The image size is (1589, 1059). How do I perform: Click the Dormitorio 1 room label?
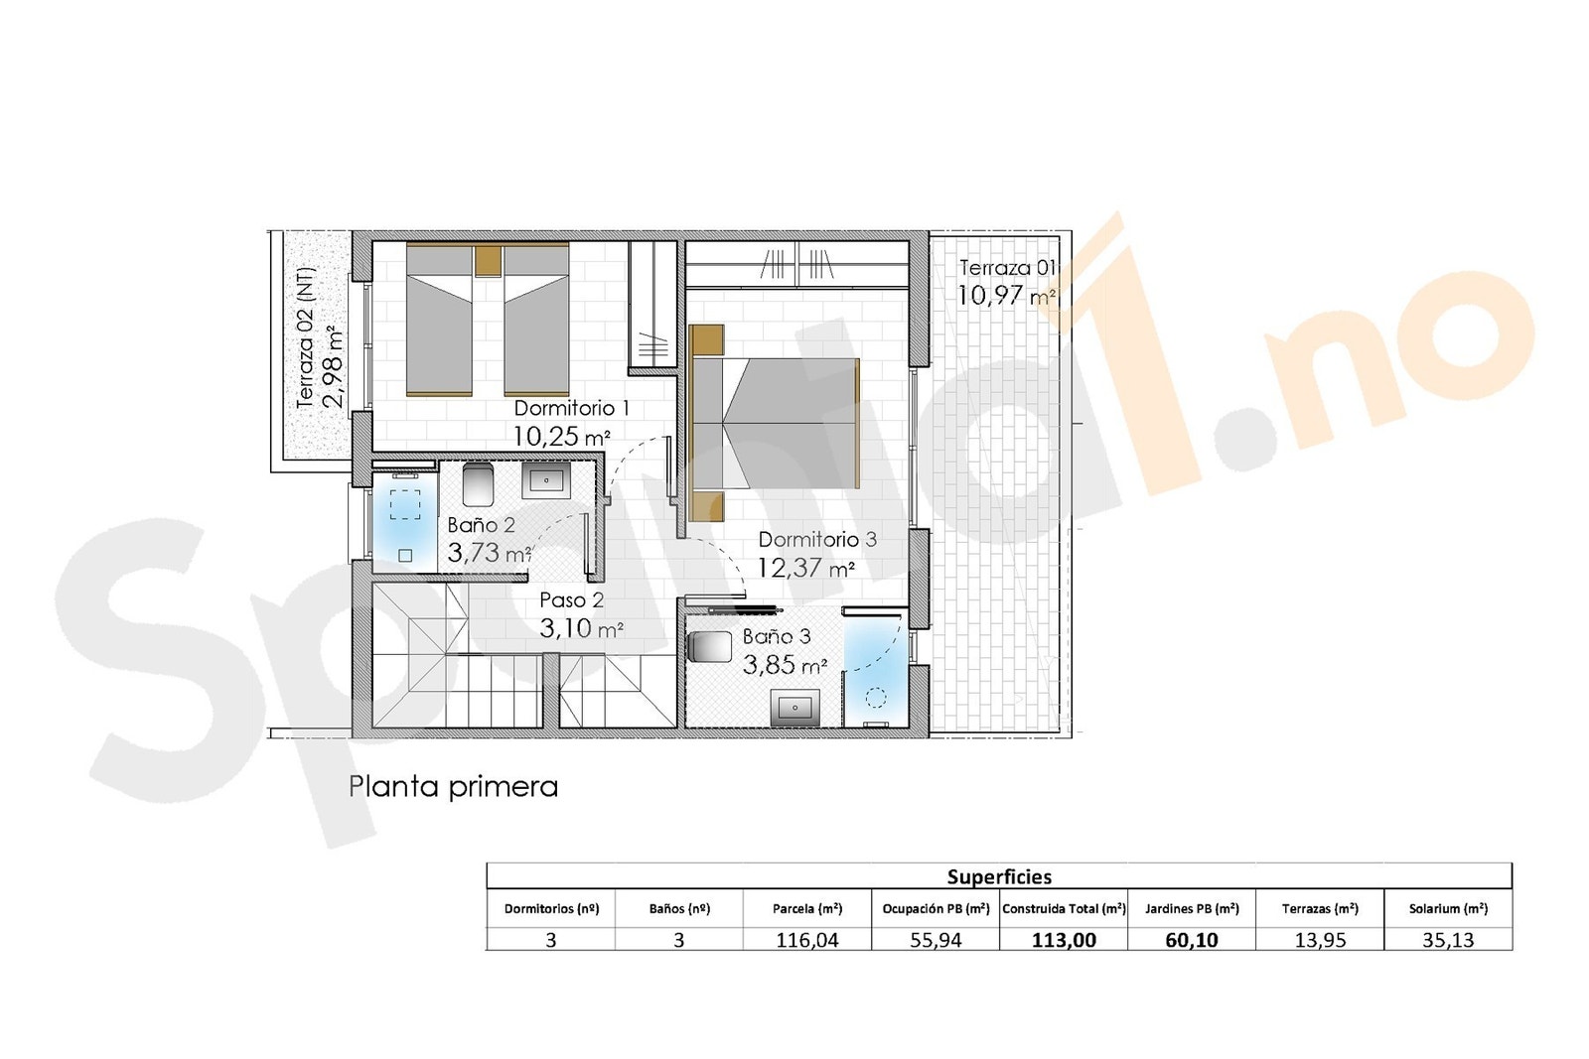tap(571, 408)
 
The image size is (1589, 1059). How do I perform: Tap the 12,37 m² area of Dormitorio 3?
tap(805, 569)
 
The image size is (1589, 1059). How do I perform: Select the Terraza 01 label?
tap(1005, 268)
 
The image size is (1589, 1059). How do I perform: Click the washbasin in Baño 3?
tap(796, 709)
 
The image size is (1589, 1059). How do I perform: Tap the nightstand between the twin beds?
tap(488, 261)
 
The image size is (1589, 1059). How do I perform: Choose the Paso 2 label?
tap(571, 600)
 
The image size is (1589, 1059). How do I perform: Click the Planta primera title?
tap(453, 787)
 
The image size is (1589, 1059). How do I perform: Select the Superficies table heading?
tap(998, 876)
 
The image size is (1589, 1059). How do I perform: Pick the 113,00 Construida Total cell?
tap(1064, 940)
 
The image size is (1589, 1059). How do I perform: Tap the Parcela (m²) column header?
tap(806, 908)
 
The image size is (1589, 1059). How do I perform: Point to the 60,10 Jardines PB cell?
tap(1191, 940)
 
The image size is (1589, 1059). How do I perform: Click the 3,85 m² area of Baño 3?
tap(785, 665)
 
